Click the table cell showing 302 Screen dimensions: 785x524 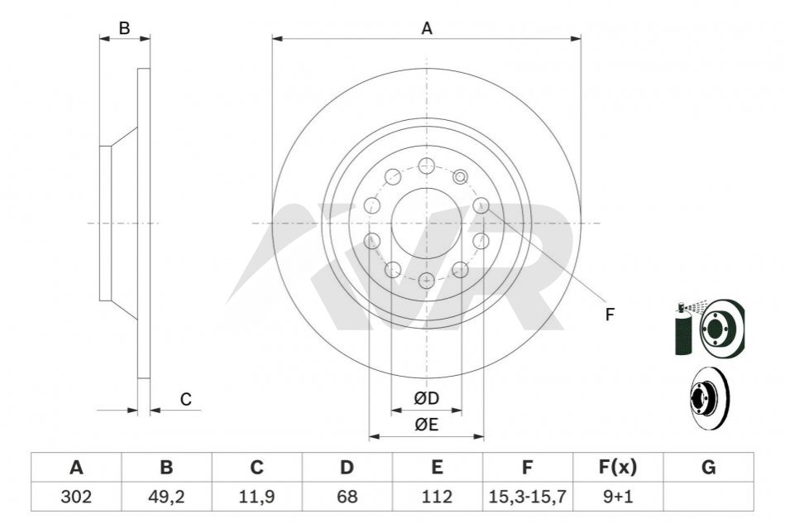click(76, 497)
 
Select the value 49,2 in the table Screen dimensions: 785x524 click(166, 497)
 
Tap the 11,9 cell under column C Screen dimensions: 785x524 click(256, 497)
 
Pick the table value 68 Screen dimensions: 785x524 click(347, 497)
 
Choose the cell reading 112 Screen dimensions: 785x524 click(437, 497)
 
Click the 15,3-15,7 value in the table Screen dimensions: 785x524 click(528, 497)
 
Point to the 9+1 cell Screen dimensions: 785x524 click(618, 497)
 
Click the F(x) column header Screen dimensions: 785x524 click(618, 468)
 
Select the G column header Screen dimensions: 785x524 click(708, 468)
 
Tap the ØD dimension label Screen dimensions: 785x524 click(427, 398)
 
